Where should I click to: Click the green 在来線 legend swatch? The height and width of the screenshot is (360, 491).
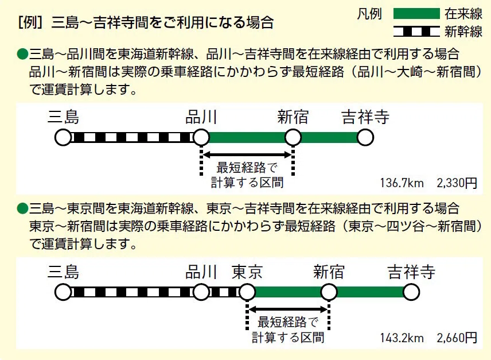tap(416, 14)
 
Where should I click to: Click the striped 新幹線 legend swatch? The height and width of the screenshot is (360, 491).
tap(416, 32)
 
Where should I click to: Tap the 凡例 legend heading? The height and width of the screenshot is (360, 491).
tap(369, 14)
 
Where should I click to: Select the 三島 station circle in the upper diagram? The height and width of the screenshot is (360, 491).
tap(63, 138)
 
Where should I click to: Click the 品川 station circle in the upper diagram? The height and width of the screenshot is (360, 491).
tap(201, 138)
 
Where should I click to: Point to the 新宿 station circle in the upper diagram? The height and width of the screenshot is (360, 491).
tap(293, 138)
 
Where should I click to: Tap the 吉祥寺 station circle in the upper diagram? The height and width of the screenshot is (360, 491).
tap(365, 138)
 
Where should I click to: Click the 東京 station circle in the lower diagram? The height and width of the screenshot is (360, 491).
tap(247, 292)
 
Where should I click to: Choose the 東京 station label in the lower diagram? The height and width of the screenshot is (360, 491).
tap(247, 272)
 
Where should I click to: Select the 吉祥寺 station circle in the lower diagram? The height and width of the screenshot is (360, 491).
tap(411, 292)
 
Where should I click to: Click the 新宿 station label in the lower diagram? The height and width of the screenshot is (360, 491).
tap(329, 272)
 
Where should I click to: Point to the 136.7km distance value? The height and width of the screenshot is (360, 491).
tap(402, 183)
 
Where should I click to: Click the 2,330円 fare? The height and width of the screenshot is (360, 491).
tap(457, 183)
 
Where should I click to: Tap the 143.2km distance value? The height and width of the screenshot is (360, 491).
tap(402, 338)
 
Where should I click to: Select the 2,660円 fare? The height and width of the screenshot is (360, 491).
tap(457, 338)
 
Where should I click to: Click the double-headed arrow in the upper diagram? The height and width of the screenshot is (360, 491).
tap(247, 154)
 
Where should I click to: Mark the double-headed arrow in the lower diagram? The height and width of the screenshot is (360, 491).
tap(288, 309)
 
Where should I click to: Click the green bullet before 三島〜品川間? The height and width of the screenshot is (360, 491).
tap(22, 54)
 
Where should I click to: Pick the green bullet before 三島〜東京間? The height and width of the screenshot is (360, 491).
tap(22, 208)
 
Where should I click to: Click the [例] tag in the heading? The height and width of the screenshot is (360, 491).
tap(30, 23)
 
